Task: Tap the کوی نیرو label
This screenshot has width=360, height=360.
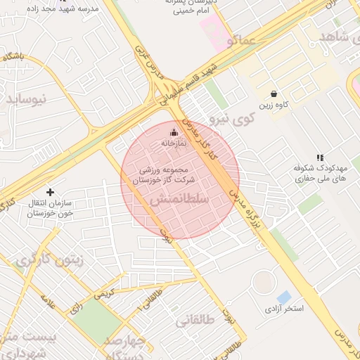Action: [x=231, y=119]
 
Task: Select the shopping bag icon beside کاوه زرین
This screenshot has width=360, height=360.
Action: [x=274, y=94]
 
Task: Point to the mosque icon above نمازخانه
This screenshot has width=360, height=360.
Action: [x=174, y=132]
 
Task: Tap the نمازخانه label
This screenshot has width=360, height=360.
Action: [x=174, y=143]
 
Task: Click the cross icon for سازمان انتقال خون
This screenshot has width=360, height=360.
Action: [x=50, y=192]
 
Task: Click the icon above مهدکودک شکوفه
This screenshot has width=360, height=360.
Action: [x=320, y=158]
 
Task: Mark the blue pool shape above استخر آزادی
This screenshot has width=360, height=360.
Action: [x=284, y=297]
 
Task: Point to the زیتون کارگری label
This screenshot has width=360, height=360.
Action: [x=50, y=259]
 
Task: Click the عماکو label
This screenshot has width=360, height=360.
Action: [x=243, y=41]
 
